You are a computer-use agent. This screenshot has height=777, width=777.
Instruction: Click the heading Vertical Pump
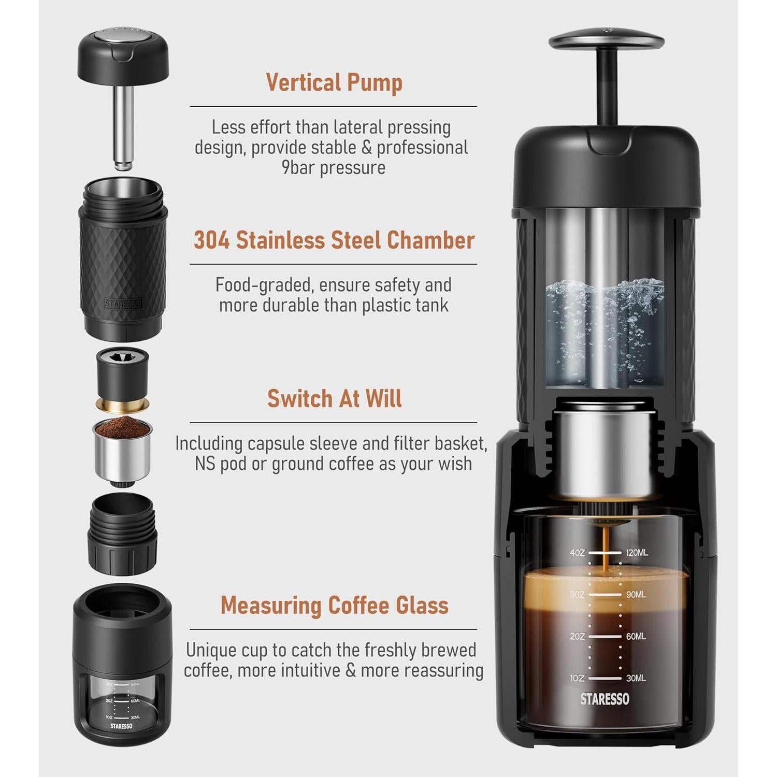(x=334, y=83)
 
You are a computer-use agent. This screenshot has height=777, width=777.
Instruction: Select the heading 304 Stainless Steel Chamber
(x=334, y=240)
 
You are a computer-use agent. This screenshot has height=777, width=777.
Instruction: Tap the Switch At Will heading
(x=334, y=398)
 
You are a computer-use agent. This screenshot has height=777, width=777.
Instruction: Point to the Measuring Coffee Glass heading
(x=334, y=605)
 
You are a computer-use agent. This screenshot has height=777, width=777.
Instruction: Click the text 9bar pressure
(x=334, y=168)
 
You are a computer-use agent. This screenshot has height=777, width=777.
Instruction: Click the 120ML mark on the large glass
(x=637, y=553)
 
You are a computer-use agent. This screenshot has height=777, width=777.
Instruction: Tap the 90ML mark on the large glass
(x=636, y=595)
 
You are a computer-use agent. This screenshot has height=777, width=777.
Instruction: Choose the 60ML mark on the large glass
(x=636, y=636)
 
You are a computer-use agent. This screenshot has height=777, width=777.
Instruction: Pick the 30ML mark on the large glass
(x=636, y=678)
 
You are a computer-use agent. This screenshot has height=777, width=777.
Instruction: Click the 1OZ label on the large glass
(x=577, y=678)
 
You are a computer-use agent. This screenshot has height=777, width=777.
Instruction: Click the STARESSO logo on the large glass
(x=605, y=699)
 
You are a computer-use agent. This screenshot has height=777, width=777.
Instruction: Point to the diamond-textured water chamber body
(x=123, y=269)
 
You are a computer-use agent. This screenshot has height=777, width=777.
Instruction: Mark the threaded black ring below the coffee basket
(x=122, y=534)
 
